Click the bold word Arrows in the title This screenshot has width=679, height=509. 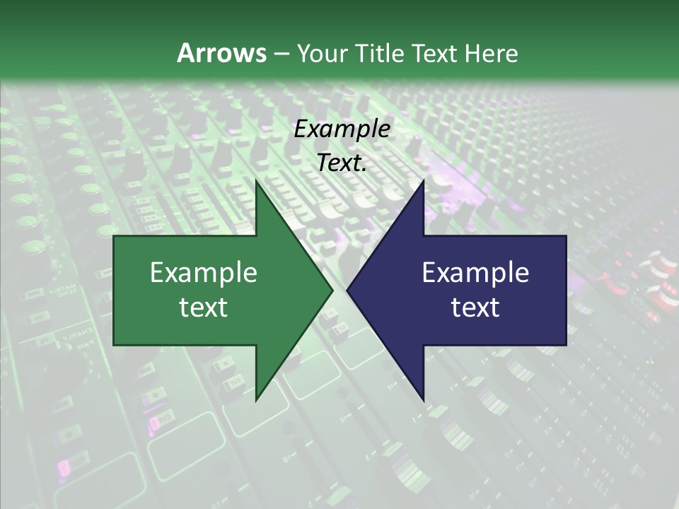tap(221, 53)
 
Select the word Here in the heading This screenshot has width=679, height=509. tap(491, 53)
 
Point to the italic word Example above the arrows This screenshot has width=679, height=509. tap(342, 129)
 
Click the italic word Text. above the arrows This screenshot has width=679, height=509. tap(342, 163)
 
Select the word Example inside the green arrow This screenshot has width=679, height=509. tap(204, 273)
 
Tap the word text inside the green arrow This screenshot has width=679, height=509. tap(204, 308)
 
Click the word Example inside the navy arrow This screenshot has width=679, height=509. tap(475, 273)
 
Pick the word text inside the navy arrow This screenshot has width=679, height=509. tap(475, 308)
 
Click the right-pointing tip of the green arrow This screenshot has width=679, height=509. tap(332, 290)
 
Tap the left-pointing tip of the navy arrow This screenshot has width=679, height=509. tap(347, 290)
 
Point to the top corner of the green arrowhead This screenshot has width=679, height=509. tap(256, 180)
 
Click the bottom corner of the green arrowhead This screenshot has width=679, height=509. tap(256, 400)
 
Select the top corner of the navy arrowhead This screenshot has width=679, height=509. tap(423, 180)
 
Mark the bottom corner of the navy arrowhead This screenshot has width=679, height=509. tap(423, 400)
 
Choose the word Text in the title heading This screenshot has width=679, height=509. tap(436, 53)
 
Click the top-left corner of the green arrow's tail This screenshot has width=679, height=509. tap(114, 235)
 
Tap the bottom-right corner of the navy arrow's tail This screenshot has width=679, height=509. tap(566, 345)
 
